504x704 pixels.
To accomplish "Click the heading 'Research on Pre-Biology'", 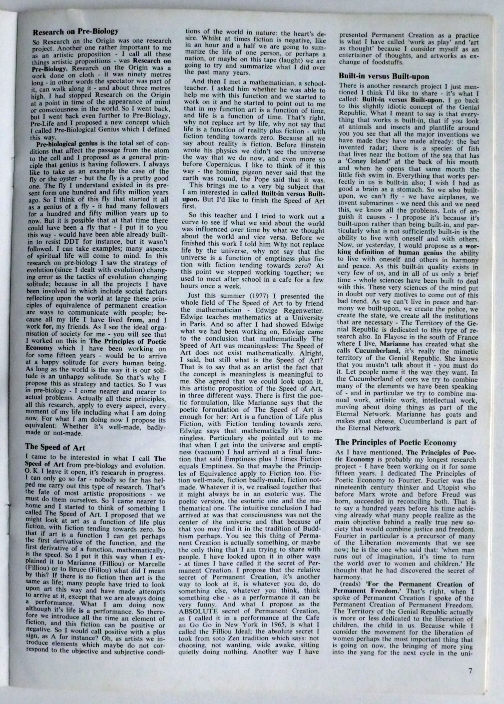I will point(76,31).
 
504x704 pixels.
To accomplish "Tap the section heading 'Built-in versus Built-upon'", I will point(384,76).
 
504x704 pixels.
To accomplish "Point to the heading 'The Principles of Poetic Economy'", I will point(396,443).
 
